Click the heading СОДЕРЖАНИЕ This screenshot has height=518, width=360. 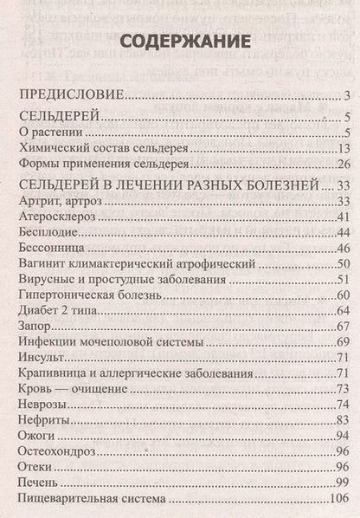coord(180,41)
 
